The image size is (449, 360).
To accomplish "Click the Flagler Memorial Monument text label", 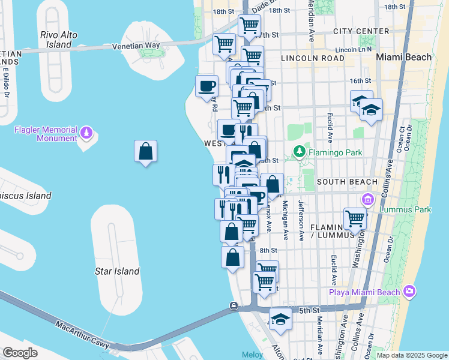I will [47, 134].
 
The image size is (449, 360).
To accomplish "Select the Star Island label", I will [117, 271].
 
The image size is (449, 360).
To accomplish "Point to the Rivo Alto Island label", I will [59, 40].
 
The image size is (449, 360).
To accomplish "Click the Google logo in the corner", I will [20, 353].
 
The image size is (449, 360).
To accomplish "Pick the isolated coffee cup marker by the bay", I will [206, 86].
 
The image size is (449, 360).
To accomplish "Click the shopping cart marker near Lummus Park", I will [355, 219].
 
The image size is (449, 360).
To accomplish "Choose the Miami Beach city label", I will [403, 57].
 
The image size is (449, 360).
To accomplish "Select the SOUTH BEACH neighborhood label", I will [347, 181].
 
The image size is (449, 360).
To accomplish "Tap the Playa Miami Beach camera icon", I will [409, 292].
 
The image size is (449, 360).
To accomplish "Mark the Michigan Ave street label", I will [286, 221].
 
